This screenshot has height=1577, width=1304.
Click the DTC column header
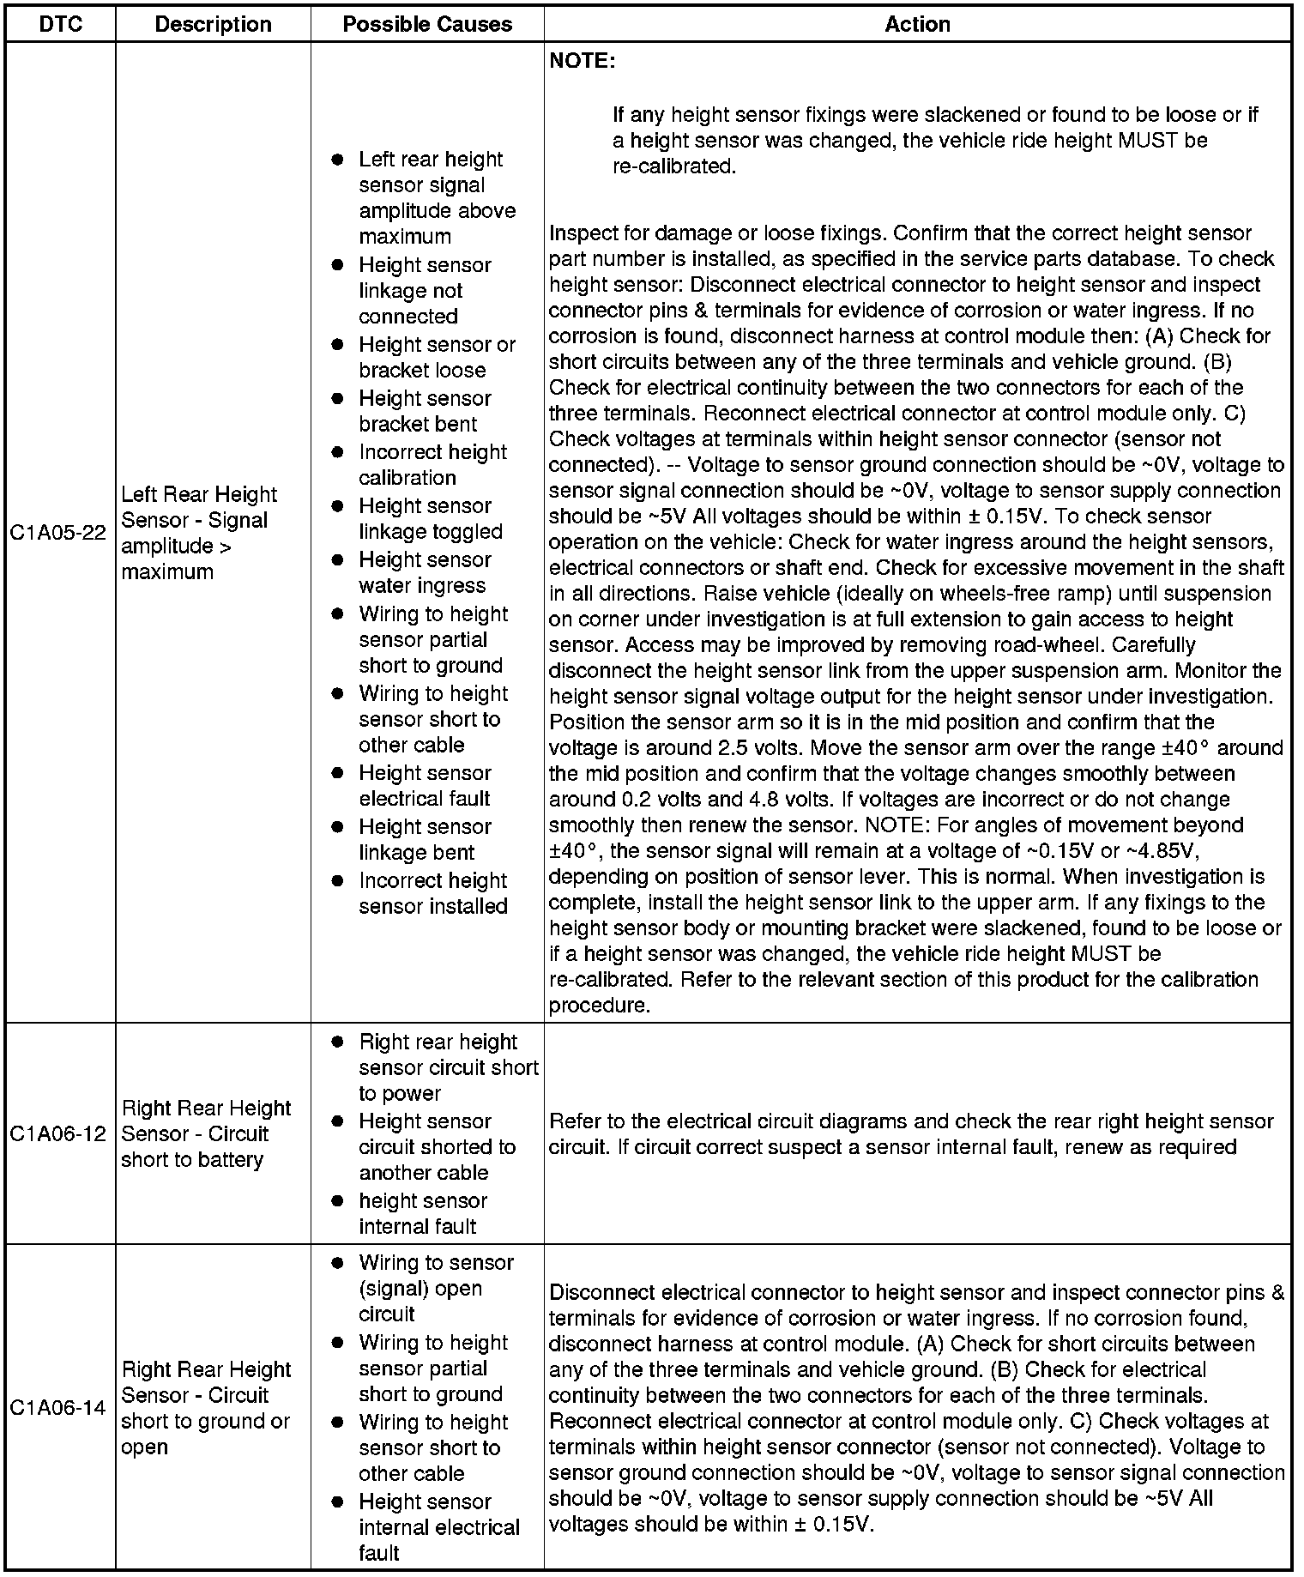[x=61, y=24]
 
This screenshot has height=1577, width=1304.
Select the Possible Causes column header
[x=427, y=24]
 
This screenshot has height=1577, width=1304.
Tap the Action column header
[x=917, y=24]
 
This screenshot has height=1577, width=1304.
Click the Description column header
[x=213, y=24]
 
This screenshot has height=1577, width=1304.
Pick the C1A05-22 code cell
[x=58, y=533]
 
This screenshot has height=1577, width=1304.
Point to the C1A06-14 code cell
[x=58, y=1408]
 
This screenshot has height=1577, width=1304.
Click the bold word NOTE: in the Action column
[x=583, y=61]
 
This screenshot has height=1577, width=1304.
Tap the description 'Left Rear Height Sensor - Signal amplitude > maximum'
[x=199, y=533]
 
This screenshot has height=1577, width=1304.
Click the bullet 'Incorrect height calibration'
[x=432, y=464]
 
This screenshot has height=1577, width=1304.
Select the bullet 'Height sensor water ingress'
[x=425, y=572]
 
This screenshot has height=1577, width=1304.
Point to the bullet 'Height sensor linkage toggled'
[x=430, y=518]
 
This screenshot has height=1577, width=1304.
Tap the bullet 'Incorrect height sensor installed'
[x=433, y=893]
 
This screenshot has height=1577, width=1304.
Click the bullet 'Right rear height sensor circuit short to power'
[x=447, y=1067]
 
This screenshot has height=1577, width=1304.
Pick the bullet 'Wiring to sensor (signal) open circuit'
[x=435, y=1288]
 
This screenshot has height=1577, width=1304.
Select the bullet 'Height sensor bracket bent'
[x=425, y=411]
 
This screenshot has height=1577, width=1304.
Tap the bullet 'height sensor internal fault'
[x=422, y=1213]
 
